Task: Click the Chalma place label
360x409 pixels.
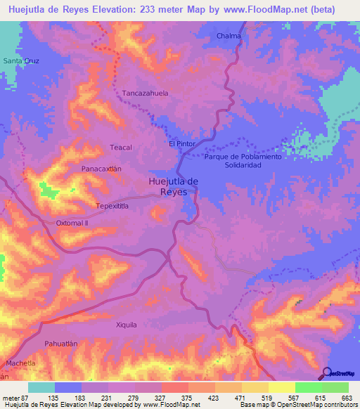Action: click(x=229, y=36)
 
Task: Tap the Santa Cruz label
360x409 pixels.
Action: click(x=21, y=61)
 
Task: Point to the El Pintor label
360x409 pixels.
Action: click(x=181, y=143)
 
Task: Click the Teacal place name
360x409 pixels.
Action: click(x=122, y=147)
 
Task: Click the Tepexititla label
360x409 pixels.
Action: click(x=112, y=206)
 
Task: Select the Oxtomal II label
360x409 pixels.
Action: click(x=72, y=223)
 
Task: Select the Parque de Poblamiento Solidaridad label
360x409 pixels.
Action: click(x=243, y=160)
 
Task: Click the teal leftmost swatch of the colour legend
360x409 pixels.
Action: click(x=41, y=387)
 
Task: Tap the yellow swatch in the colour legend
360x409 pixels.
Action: click(x=281, y=387)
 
